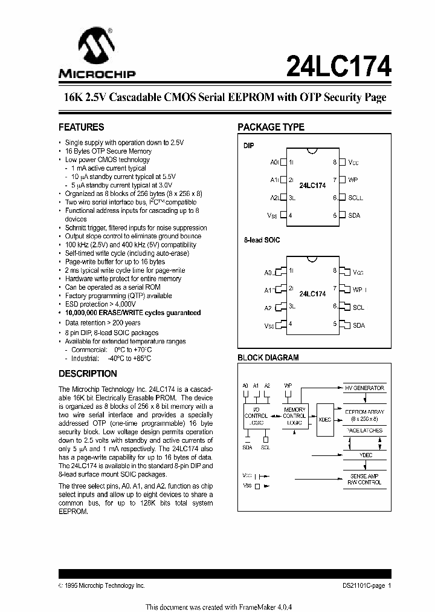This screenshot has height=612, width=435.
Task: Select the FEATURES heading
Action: click(x=81, y=128)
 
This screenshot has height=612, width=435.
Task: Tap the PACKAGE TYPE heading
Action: click(x=271, y=128)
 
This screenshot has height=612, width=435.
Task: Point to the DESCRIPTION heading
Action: click(x=88, y=374)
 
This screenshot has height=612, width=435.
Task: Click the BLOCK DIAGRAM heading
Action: click(x=268, y=358)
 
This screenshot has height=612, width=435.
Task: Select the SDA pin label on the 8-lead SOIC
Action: click(x=359, y=325)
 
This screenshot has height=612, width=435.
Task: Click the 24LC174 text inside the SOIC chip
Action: click(x=312, y=294)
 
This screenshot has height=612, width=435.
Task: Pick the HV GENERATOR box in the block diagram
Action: click(x=364, y=388)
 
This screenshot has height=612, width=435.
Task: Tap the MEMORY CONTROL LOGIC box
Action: click(x=294, y=417)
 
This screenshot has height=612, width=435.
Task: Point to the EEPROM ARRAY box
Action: click(x=364, y=415)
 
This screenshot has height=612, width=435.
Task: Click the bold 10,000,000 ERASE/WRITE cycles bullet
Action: click(x=133, y=313)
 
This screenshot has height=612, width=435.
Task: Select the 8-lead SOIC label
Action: click(x=262, y=240)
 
